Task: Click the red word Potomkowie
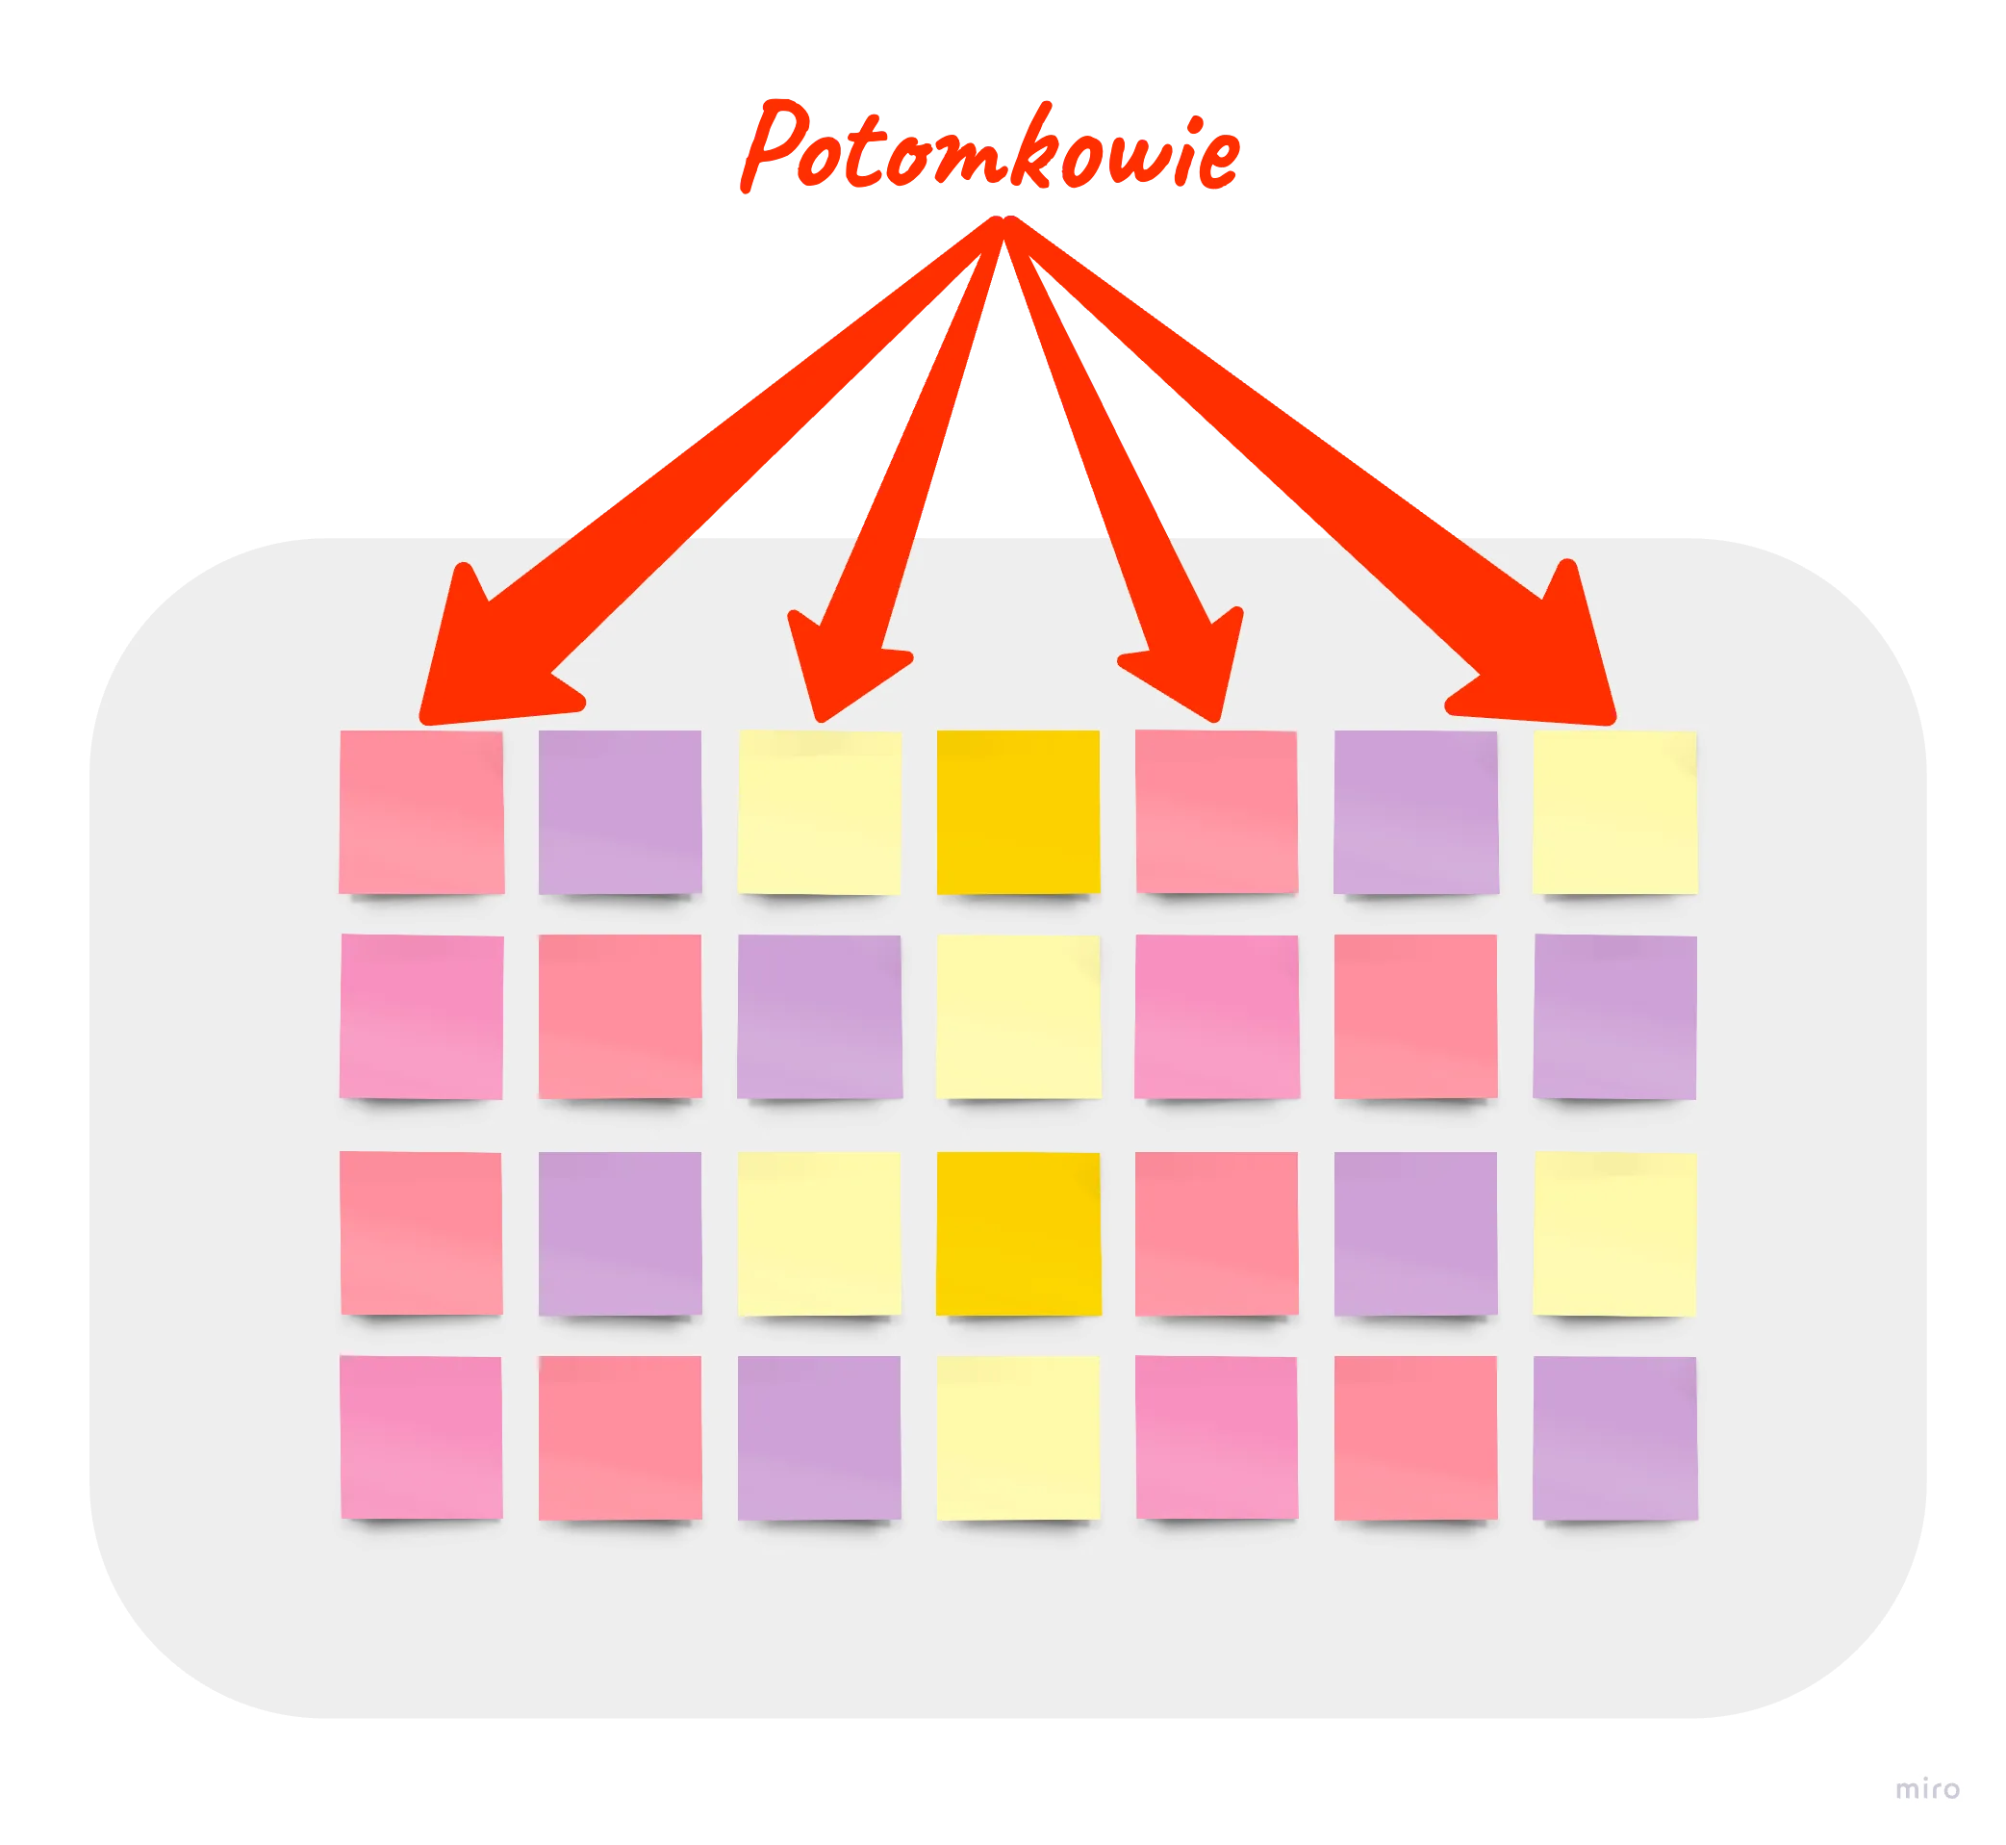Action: point(990,145)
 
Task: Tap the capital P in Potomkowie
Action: point(774,145)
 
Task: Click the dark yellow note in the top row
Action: point(1018,811)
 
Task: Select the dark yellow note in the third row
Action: point(1018,1234)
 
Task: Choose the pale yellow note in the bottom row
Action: point(1018,1438)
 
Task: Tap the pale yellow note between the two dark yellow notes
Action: point(1018,1016)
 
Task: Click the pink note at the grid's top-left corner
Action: point(421,811)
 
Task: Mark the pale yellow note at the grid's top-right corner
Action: point(1614,811)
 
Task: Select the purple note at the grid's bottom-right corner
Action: point(1614,1438)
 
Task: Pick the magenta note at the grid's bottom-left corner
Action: point(421,1438)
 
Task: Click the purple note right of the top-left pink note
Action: point(620,811)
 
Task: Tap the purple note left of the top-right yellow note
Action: point(1416,811)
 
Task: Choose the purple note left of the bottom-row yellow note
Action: point(820,1438)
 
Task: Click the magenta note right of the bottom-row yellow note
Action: point(1216,1438)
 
